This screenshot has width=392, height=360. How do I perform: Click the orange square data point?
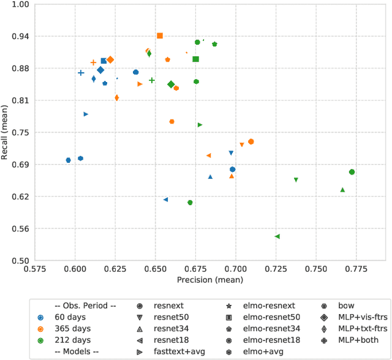(160, 36)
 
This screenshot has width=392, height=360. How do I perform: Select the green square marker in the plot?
(195, 59)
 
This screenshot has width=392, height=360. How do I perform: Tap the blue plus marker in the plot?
(81, 73)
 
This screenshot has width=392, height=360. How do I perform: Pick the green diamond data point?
(171, 84)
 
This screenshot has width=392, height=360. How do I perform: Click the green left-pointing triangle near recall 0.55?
(277, 236)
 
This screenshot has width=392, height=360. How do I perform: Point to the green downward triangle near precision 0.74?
(296, 180)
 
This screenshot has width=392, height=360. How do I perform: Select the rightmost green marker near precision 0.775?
(352, 172)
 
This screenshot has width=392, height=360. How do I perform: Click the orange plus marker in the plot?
(93, 62)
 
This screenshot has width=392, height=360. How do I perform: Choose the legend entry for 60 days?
(70, 317)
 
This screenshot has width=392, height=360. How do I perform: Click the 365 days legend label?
(72, 329)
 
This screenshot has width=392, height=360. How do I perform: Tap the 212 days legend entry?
(72, 340)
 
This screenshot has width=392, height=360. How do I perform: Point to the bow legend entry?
(346, 306)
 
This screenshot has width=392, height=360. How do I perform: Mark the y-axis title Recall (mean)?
(6, 132)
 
